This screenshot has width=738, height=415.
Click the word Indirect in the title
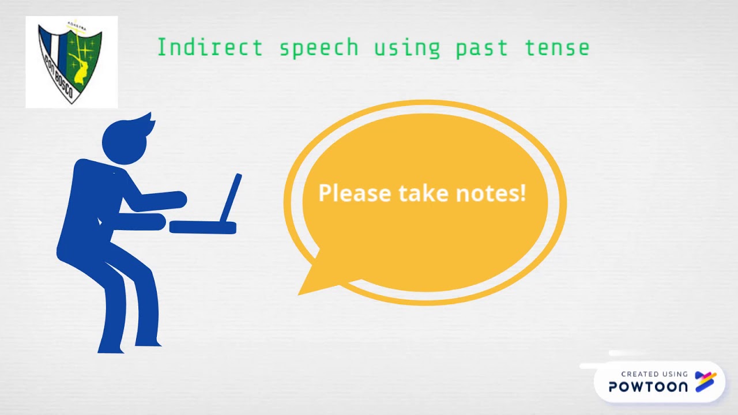[209, 48]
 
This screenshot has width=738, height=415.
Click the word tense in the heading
[557, 48]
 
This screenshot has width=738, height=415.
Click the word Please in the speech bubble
[355, 193]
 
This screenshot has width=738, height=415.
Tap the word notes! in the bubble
[491, 193]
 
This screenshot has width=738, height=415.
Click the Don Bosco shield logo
[71, 62]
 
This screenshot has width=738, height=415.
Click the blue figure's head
[124, 140]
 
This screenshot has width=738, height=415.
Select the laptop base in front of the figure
[203, 227]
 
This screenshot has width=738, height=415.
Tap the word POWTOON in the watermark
[648, 386]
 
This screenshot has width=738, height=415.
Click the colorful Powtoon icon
[706, 382]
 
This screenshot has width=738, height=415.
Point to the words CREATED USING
[654, 374]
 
